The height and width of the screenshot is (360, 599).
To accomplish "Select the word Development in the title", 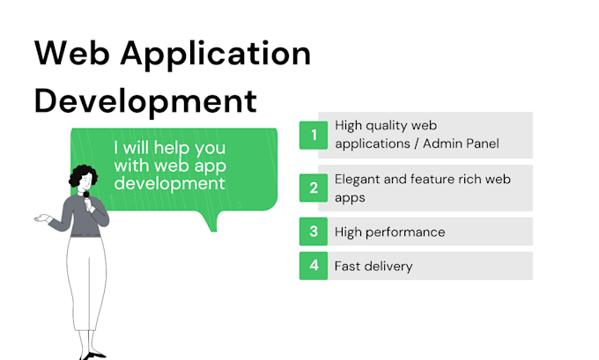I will click(145, 101).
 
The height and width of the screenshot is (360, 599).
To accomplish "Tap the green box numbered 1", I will click(313, 135).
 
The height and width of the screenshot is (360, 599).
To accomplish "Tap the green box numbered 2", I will click(313, 187).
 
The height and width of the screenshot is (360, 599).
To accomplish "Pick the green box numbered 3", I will click(313, 232).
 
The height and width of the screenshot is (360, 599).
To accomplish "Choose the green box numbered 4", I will click(313, 266).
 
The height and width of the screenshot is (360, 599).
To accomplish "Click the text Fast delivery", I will click(373, 266).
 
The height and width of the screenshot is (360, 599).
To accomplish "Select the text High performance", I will click(389, 232).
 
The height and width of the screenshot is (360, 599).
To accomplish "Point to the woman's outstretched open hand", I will click(41, 217).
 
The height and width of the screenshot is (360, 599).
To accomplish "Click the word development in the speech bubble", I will click(169, 183).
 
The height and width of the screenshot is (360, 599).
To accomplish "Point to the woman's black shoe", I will click(95, 355).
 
